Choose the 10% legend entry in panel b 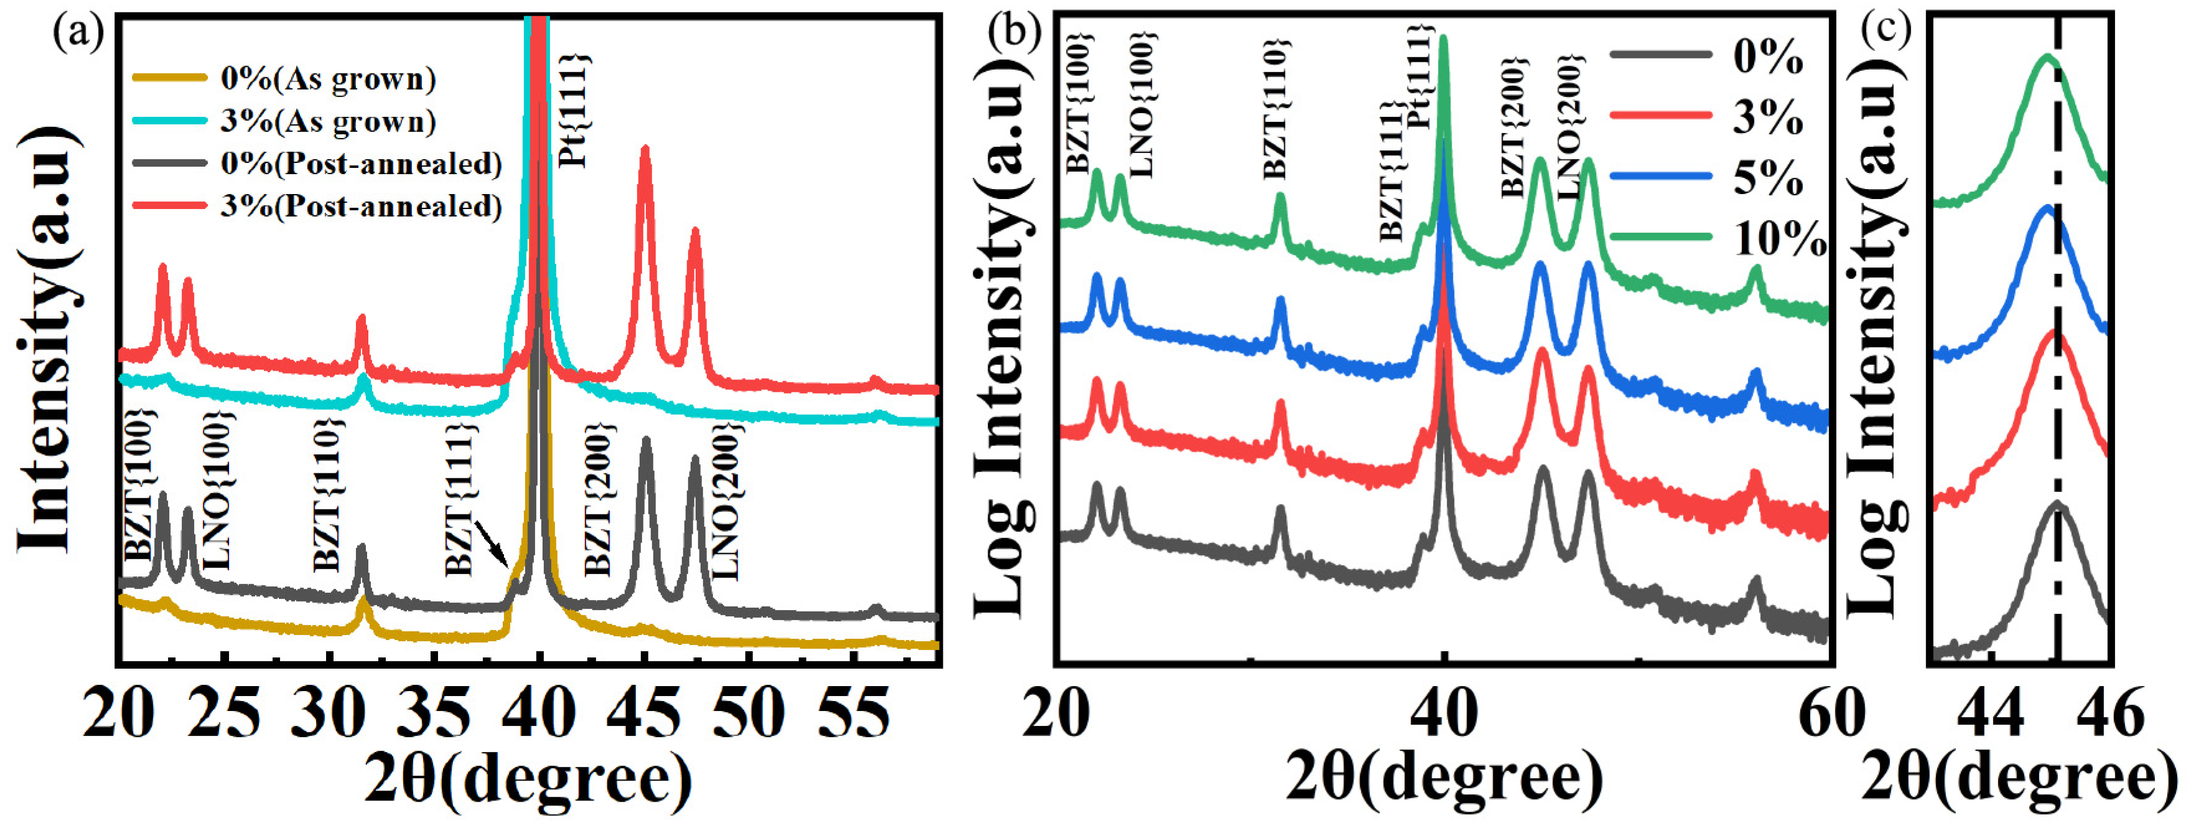tap(1780, 239)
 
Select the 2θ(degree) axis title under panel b tap(1445, 778)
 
